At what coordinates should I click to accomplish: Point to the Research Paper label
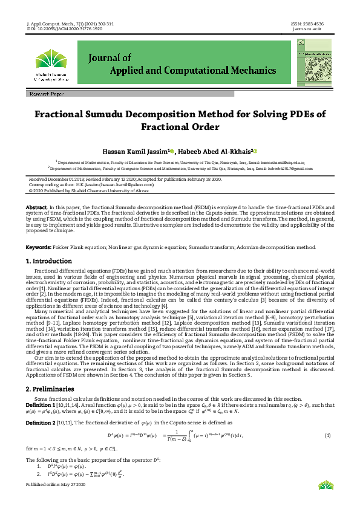[x=46, y=95]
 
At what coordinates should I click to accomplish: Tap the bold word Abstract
[x=36, y=207]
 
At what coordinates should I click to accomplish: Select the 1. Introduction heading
[x=48, y=261]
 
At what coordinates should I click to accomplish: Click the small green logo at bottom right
[x=324, y=501]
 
